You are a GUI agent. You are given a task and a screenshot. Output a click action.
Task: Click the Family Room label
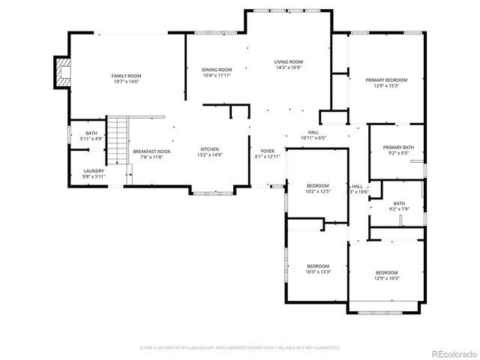click(125, 76)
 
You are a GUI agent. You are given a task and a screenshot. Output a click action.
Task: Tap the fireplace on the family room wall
click(60, 72)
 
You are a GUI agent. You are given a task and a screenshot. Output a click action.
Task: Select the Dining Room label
click(216, 70)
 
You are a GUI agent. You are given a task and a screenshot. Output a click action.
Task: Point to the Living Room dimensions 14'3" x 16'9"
click(288, 67)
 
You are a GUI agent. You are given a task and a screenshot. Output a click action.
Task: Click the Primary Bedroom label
click(386, 79)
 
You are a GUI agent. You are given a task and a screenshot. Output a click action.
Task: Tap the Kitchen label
click(209, 150)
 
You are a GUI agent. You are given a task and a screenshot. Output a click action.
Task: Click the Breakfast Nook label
click(151, 151)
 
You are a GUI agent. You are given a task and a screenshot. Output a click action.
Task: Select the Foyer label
click(267, 151)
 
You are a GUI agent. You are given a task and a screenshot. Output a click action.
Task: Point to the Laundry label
click(94, 170)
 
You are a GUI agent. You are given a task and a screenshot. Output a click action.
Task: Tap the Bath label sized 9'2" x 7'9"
click(398, 203)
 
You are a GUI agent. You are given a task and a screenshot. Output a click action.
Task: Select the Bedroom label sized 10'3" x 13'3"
click(318, 266)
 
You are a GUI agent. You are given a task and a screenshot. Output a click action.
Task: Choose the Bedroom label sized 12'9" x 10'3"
click(386, 272)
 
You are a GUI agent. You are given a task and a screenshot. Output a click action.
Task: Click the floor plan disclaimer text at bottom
click(240, 348)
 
